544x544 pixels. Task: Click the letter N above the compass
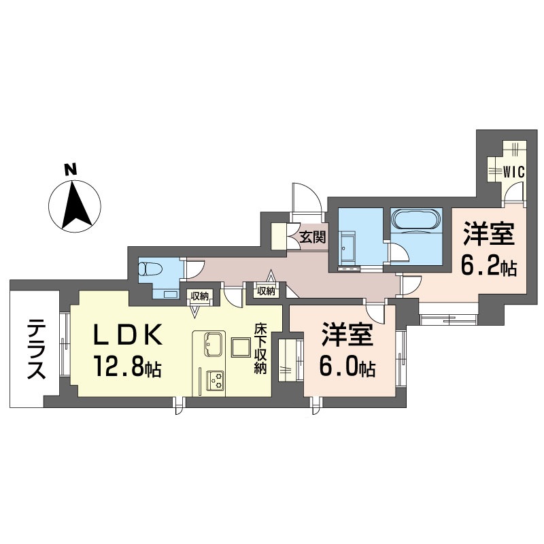71,170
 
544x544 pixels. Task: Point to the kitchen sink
214,344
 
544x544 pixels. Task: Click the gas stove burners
216,380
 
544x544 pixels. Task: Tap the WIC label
513,172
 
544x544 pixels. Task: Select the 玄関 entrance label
313,237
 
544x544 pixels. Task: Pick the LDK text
127,335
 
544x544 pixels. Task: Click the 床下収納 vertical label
260,348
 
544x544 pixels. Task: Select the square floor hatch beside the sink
241,347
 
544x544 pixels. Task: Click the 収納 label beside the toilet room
199,296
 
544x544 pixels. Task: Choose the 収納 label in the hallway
266,291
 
